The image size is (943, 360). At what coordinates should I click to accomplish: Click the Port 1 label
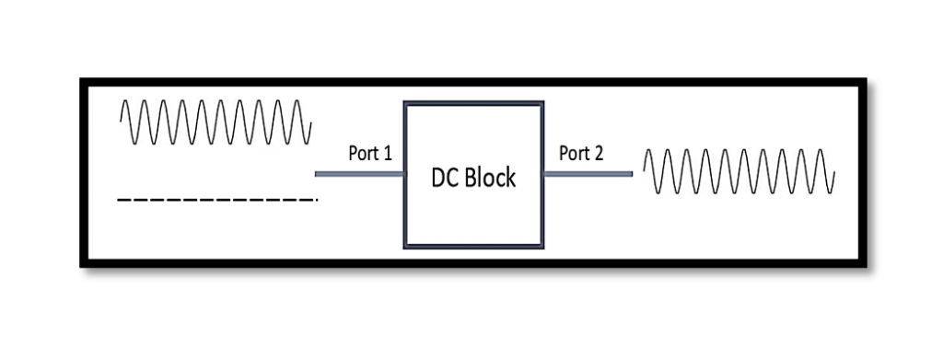click(x=370, y=153)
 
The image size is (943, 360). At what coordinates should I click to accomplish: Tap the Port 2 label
click(x=581, y=153)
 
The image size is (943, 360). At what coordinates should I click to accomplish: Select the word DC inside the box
click(x=445, y=178)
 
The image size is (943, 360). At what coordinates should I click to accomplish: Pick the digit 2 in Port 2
click(x=599, y=153)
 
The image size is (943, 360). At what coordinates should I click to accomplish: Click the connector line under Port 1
click(x=359, y=173)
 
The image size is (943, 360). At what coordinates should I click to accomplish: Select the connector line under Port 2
click(x=588, y=173)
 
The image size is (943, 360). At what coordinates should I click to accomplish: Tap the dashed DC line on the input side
click(x=217, y=199)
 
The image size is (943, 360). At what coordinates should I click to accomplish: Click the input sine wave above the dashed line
click(x=215, y=122)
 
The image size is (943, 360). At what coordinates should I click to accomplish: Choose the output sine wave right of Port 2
click(x=739, y=171)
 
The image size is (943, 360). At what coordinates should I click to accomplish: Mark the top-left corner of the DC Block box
click(x=405, y=104)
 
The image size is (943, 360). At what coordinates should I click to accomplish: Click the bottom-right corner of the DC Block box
click(x=543, y=247)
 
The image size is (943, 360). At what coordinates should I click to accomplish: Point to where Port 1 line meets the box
click(x=404, y=173)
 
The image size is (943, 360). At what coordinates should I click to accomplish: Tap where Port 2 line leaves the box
click(x=544, y=173)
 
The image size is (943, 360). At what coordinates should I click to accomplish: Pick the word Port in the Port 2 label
click(x=574, y=153)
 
